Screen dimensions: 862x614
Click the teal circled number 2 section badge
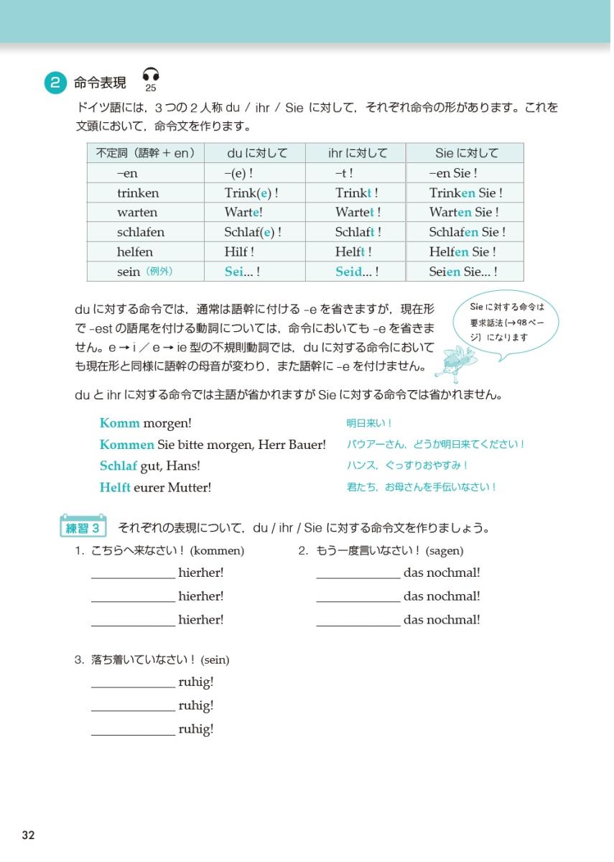click(x=55, y=83)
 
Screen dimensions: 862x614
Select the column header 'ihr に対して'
click(x=357, y=153)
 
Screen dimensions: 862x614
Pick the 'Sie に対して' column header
click(x=466, y=153)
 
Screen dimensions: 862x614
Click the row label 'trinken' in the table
click(x=138, y=193)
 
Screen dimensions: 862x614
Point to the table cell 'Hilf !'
click(x=239, y=252)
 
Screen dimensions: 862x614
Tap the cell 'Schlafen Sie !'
click(x=467, y=232)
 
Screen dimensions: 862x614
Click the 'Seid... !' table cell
click(x=357, y=272)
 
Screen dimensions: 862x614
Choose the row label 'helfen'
click(x=135, y=252)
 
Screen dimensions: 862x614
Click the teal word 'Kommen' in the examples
click(x=127, y=445)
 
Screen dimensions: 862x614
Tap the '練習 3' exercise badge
click(x=83, y=529)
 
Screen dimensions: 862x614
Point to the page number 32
click(x=29, y=835)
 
